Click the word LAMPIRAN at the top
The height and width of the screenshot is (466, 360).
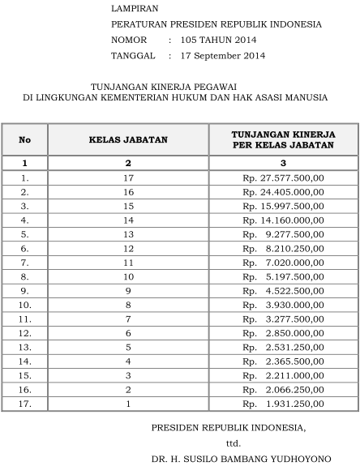pyautogui.click(x=131, y=9)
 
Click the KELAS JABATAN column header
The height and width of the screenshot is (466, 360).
pyautogui.click(x=128, y=139)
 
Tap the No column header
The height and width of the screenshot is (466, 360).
pyautogui.click(x=25, y=139)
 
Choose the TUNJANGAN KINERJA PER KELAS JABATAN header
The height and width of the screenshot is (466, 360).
pyautogui.click(x=283, y=139)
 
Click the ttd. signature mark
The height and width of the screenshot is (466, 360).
pyautogui.click(x=234, y=442)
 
